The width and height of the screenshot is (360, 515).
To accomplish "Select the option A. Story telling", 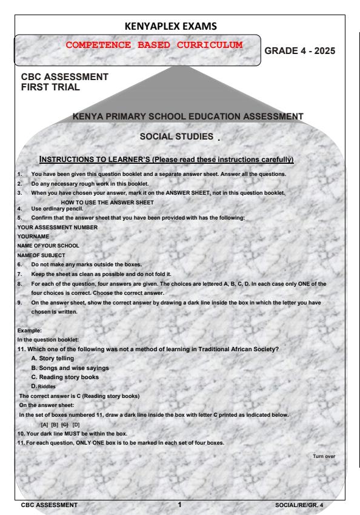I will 54,358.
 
